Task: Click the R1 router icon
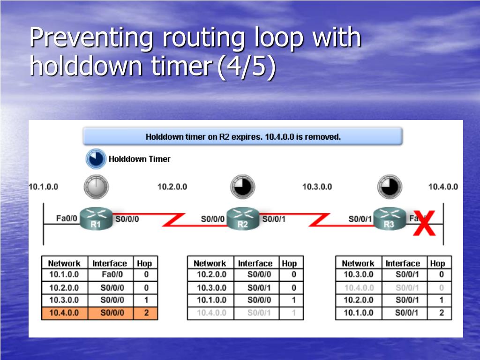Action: [x=96, y=219]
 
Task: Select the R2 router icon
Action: [x=243, y=219]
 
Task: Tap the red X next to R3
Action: [x=424, y=224]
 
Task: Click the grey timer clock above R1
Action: [x=96, y=187]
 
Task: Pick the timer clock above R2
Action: [x=243, y=187]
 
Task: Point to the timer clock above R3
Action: [x=390, y=187]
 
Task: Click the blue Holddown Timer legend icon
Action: [x=96, y=159]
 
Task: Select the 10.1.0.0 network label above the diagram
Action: [x=44, y=187]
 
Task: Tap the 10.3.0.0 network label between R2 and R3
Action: [x=317, y=187]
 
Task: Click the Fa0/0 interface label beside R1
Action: [x=67, y=218]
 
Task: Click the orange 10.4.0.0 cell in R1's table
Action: [x=64, y=313]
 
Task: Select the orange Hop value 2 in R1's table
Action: [x=146, y=313]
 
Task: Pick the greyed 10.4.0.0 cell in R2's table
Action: [x=211, y=313]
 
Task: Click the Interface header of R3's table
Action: [x=402, y=263]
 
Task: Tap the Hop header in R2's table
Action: [x=289, y=263]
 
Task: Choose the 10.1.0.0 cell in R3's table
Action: [x=358, y=313]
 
